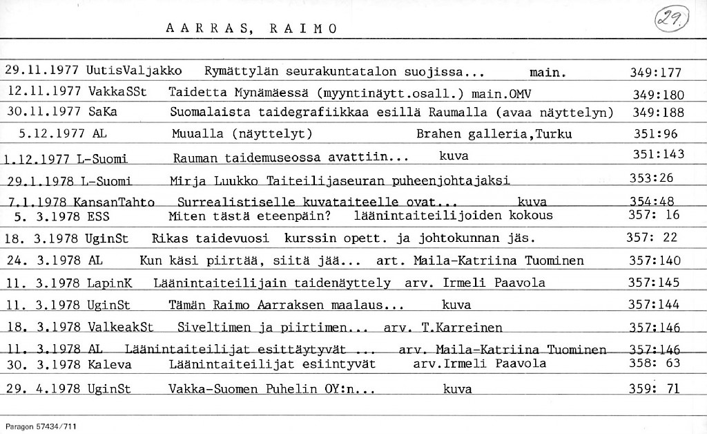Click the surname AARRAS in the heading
pyautogui.click(x=204, y=28)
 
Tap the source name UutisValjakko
pyautogui.click(x=135, y=70)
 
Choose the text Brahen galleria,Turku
pyautogui.click(x=494, y=134)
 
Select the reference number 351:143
pyautogui.click(x=658, y=154)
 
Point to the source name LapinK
pyautogui.click(x=110, y=282)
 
